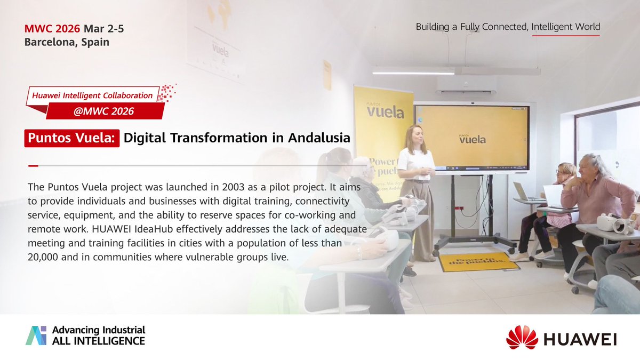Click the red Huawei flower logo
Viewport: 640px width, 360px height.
pos(522,337)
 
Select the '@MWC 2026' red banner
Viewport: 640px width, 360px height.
pos(105,111)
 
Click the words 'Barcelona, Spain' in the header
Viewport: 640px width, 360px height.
pos(67,42)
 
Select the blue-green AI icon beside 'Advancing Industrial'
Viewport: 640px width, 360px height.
pos(36,335)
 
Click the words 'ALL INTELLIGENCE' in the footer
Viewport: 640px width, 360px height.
pos(98,340)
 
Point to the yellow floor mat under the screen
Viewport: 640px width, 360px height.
pos(478,262)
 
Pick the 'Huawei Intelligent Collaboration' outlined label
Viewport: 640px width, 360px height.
pos(92,95)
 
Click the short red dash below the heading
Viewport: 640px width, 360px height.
pos(33,166)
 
